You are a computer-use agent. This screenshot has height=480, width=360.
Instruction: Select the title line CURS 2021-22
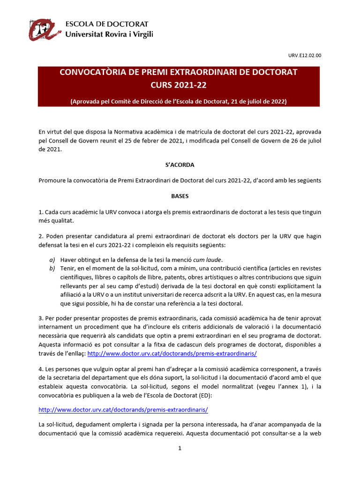[x=179, y=85]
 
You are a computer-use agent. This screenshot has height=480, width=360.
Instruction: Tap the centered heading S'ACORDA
[x=180, y=165]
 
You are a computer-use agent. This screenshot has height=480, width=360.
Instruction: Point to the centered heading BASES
[x=180, y=196]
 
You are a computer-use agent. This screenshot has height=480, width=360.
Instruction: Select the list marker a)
[x=52, y=260]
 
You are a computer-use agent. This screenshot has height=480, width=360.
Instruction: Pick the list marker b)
[x=52, y=268]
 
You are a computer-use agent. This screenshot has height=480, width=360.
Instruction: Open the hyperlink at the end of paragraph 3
[x=172, y=353]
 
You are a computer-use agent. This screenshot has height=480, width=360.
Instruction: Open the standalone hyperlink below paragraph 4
[x=123, y=409]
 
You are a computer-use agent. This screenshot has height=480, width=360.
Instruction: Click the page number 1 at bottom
[x=180, y=449]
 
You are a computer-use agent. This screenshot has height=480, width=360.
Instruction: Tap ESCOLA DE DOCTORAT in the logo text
[x=106, y=24]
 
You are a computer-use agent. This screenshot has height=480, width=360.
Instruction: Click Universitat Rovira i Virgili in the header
[x=109, y=34]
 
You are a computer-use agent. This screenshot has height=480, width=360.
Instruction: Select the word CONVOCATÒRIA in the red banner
[x=88, y=73]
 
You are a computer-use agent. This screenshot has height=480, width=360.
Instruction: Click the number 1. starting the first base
[x=41, y=212]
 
